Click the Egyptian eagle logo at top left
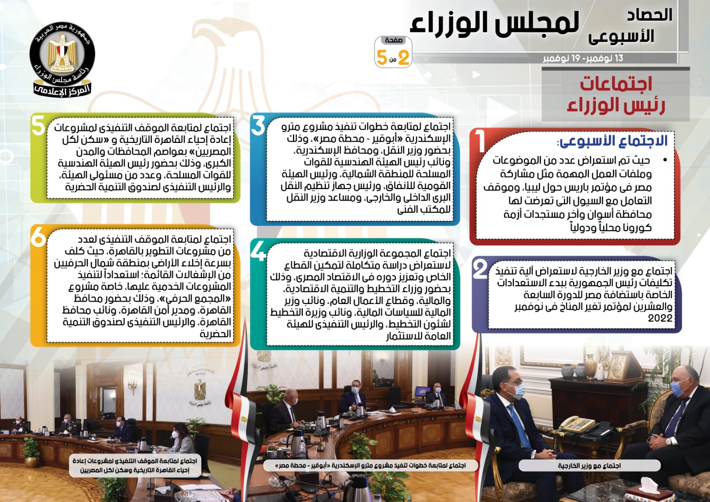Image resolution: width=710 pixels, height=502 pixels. [x=62, y=59]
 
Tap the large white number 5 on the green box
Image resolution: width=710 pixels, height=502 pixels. [x=39, y=126]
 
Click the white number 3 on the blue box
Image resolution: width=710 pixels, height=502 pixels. [x=258, y=126]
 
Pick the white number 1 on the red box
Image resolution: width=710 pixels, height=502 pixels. [x=480, y=141]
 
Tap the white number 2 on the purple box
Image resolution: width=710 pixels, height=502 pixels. [x=480, y=269]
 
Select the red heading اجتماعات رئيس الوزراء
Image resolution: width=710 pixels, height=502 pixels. [x=616, y=95]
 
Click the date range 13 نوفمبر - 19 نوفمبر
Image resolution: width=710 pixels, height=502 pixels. [x=583, y=58]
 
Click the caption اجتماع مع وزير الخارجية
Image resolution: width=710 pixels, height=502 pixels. [x=589, y=466]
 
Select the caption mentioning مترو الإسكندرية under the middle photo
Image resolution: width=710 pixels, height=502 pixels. [x=370, y=466]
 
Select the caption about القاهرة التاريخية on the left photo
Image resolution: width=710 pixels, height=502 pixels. [x=135, y=466]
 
